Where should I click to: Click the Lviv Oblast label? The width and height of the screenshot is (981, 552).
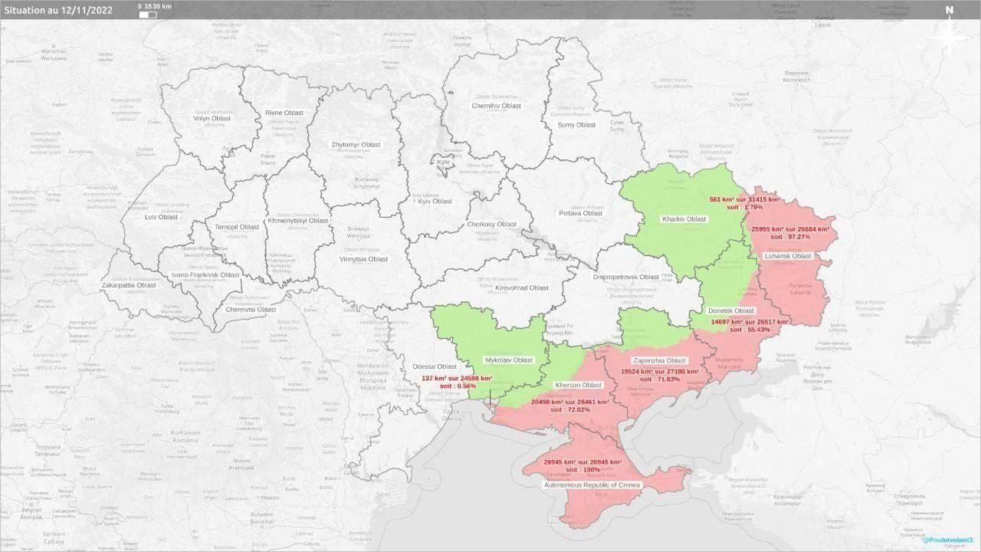pyautogui.click(x=161, y=217)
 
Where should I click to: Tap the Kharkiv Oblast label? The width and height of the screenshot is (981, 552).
pyautogui.click(x=684, y=219)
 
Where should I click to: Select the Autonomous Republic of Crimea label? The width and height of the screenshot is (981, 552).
pyautogui.click(x=592, y=485)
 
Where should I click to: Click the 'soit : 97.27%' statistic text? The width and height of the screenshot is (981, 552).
pyautogui.click(x=790, y=237)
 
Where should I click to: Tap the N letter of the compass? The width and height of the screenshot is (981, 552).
pyautogui.click(x=949, y=10)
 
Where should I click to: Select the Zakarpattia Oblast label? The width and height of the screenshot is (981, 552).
pyautogui.click(x=129, y=285)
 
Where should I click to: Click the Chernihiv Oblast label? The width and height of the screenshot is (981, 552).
pyautogui.click(x=496, y=106)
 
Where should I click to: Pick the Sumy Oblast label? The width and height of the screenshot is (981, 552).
pyautogui.click(x=576, y=125)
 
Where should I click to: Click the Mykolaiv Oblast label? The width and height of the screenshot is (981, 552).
pyautogui.click(x=509, y=360)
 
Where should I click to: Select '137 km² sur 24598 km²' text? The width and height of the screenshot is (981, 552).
pyautogui.click(x=457, y=378)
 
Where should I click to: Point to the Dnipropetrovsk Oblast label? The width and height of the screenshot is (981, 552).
pyautogui.click(x=626, y=277)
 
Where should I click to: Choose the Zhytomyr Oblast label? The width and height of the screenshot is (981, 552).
pyautogui.click(x=356, y=144)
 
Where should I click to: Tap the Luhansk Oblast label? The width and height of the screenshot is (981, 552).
pyautogui.click(x=787, y=256)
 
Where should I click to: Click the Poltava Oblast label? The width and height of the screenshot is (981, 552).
pyautogui.click(x=581, y=213)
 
